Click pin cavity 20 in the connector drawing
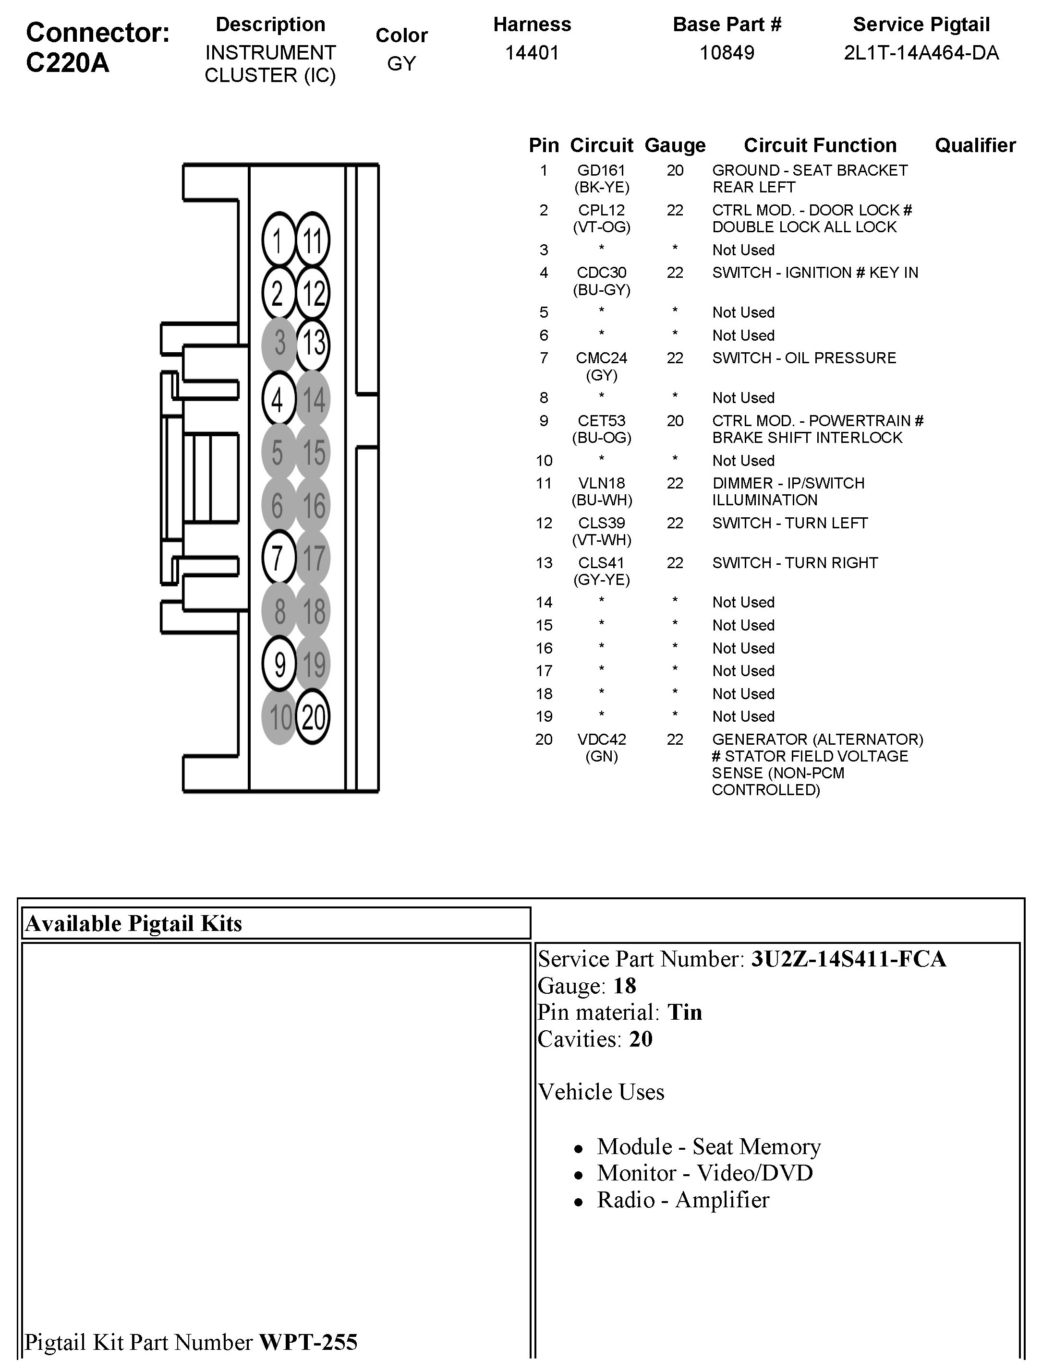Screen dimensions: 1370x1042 click(313, 717)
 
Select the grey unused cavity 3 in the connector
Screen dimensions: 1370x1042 click(279, 343)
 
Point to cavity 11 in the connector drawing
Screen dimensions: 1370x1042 click(313, 240)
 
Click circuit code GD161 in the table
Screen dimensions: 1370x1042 click(601, 170)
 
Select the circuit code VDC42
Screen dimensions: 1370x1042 click(602, 739)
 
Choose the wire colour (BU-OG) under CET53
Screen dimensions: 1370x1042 click(601, 438)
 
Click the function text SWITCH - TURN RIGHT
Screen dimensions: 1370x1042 click(795, 563)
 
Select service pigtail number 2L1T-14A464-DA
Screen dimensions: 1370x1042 click(921, 53)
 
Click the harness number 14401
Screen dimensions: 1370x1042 click(532, 53)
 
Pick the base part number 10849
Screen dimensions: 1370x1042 click(727, 53)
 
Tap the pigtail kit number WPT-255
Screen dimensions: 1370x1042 click(308, 1342)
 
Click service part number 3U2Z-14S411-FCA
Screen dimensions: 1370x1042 click(848, 959)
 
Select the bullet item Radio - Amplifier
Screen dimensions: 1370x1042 click(682, 1200)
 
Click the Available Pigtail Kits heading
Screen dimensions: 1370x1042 click(133, 924)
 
